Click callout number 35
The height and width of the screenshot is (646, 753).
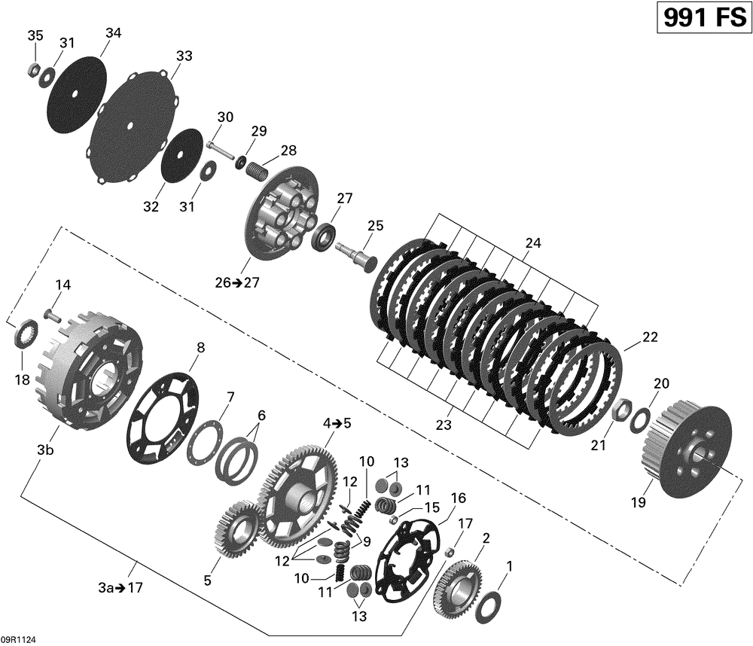click(x=35, y=36)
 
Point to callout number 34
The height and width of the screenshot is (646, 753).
click(x=113, y=33)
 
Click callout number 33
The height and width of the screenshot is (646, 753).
click(x=184, y=56)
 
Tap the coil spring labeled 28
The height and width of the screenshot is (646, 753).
click(x=257, y=164)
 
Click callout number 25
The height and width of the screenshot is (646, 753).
click(x=375, y=225)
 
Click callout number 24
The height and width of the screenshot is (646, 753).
click(x=533, y=243)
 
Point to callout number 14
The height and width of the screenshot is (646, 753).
click(x=62, y=285)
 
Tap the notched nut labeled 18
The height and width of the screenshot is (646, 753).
click(x=24, y=331)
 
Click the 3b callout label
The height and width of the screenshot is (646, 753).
click(x=46, y=450)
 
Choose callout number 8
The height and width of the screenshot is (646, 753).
click(x=200, y=348)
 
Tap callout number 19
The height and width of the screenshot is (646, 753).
click(x=638, y=502)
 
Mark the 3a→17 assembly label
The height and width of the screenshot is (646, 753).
click(x=121, y=588)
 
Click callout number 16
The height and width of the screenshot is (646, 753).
click(x=458, y=498)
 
